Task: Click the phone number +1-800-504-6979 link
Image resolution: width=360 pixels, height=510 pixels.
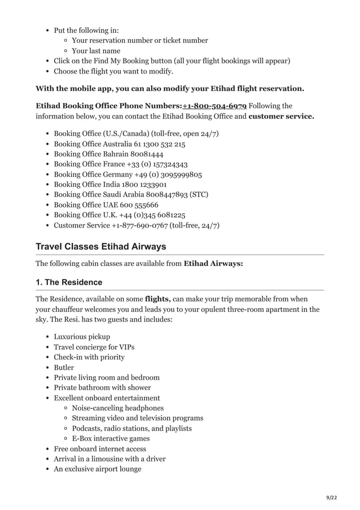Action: tap(214, 106)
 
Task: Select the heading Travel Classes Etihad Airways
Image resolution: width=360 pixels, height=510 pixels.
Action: tap(100, 247)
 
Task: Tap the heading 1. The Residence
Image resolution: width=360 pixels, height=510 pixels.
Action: tap(69, 282)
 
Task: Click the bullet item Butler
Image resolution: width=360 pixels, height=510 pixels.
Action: tap(64, 367)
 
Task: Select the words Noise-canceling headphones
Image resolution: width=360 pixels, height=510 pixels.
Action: tap(118, 408)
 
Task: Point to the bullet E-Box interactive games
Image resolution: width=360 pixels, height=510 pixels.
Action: tap(111, 438)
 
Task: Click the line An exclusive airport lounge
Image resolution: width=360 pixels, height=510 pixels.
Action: tap(98, 469)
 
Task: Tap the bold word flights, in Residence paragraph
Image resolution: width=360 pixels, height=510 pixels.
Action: tap(157, 299)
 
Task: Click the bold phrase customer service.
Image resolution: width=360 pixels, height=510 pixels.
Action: tap(281, 116)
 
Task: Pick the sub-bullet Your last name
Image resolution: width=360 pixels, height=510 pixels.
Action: tap(96, 50)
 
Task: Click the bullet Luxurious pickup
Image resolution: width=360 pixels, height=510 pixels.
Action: tap(82, 337)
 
